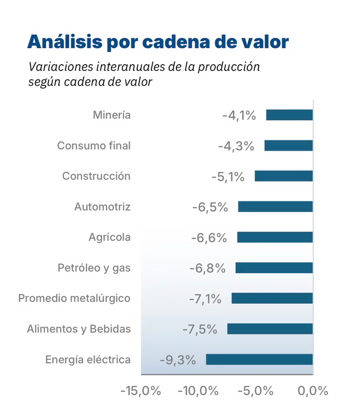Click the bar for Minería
[289, 115]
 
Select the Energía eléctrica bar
[259, 360]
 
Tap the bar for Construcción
[283, 176]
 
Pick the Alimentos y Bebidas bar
[270, 329]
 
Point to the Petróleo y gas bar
[274, 268]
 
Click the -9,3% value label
[178, 360]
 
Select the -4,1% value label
[239, 115]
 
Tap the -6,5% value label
[210, 207]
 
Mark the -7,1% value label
[205, 299]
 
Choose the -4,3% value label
[236, 146]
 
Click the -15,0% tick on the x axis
[140, 391]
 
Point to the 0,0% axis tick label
[313, 391]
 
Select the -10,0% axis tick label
[198, 391]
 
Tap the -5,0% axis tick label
[255, 391]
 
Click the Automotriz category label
[103, 207]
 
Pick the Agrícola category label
[110, 237]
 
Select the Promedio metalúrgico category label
[74, 298]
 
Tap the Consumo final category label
[94, 146]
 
